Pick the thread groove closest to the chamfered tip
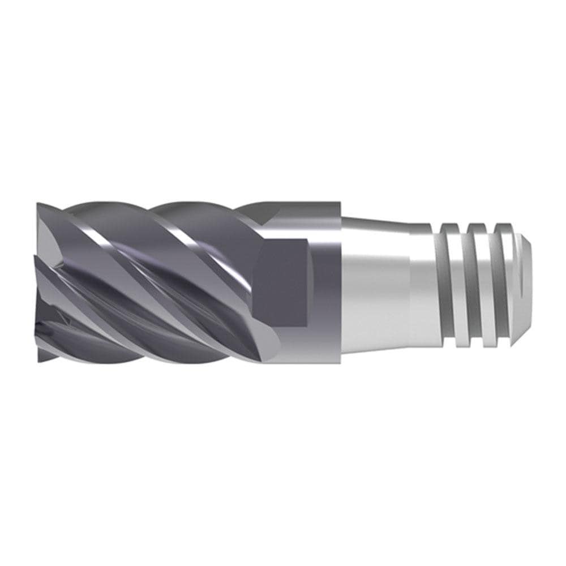tap(504, 283)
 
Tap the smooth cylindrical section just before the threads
tap(421, 283)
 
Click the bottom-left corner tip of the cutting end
tap(40, 359)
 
